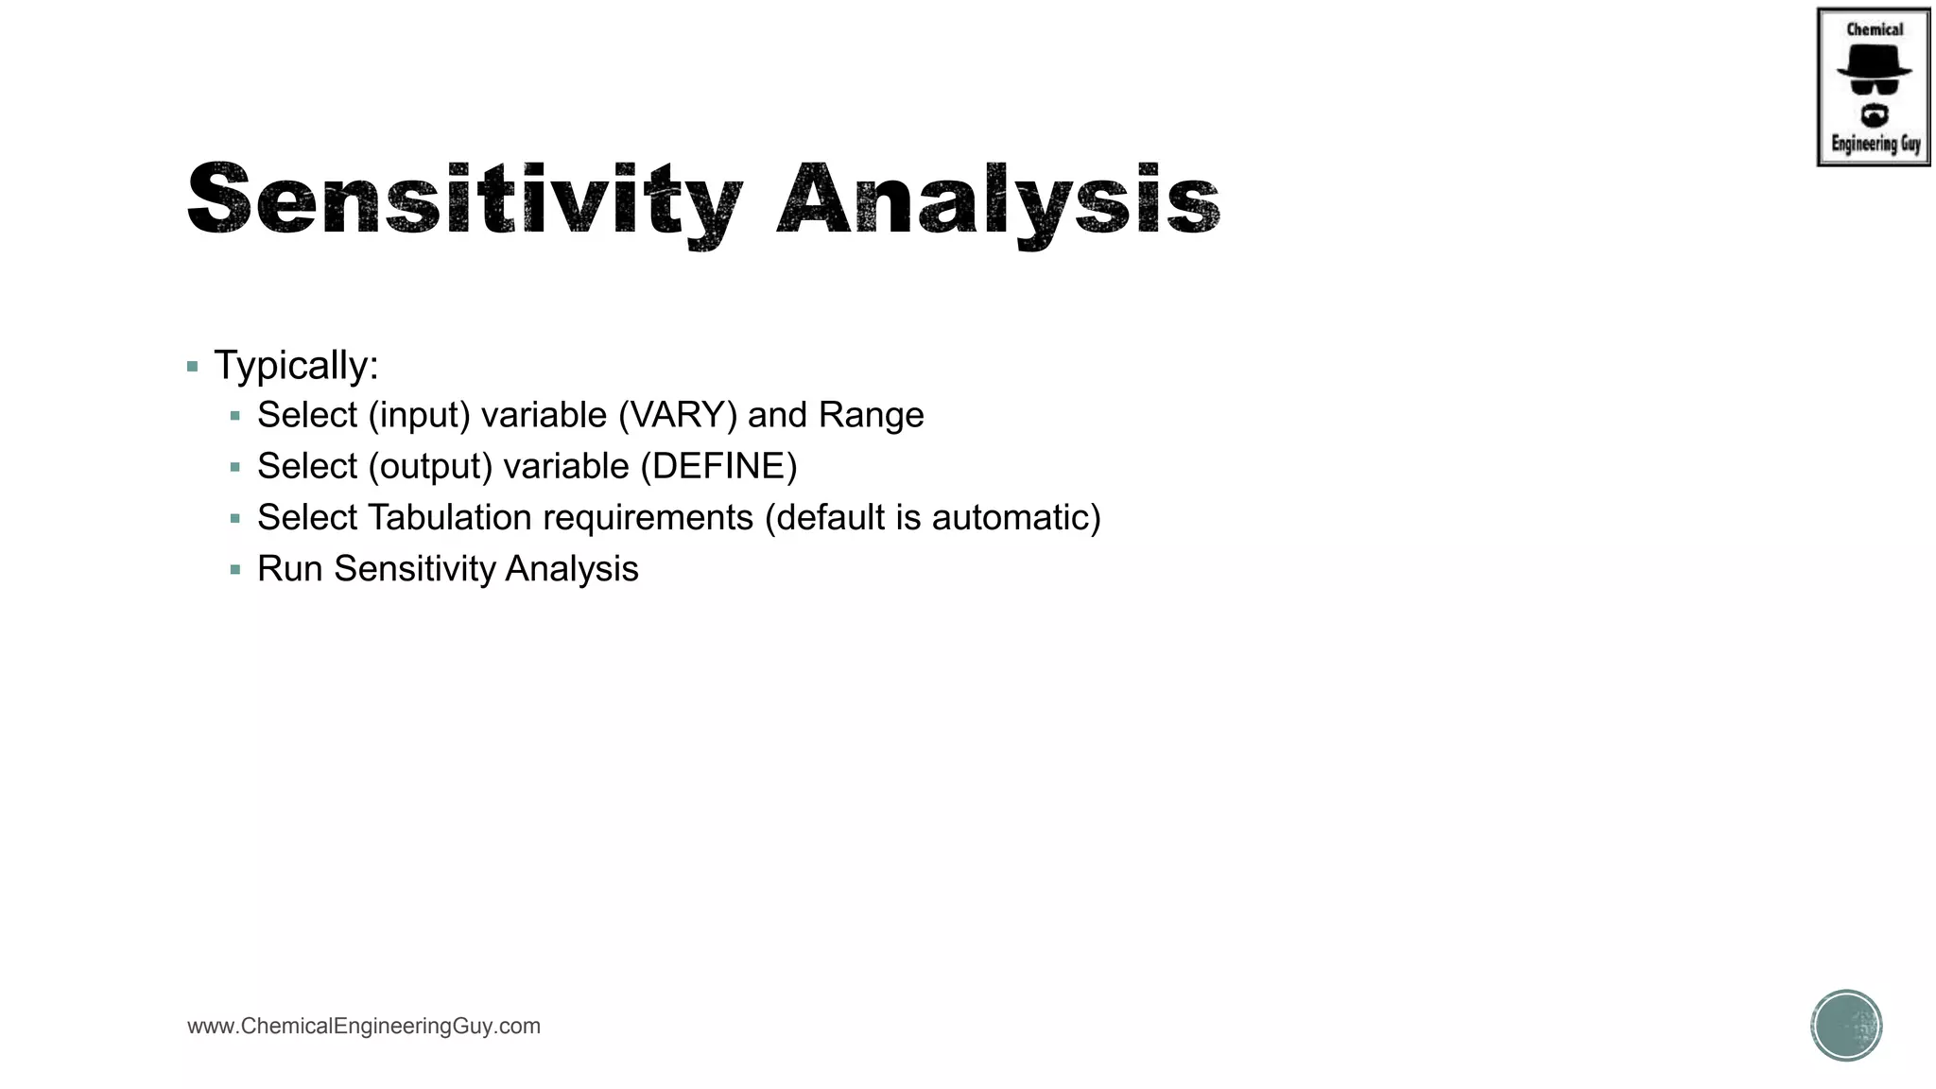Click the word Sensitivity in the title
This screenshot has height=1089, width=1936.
click(463, 200)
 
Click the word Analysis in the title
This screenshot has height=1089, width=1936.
click(998, 200)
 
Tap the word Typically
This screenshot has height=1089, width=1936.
click(295, 366)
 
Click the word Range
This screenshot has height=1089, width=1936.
click(871, 416)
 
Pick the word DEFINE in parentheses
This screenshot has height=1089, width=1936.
click(718, 467)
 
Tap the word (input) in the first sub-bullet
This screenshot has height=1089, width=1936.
click(420, 416)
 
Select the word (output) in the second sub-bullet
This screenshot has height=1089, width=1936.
click(430, 467)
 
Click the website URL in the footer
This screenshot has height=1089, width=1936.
click(364, 1026)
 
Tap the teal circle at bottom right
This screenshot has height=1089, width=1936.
click(1846, 1026)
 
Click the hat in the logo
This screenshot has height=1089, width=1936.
click(1874, 62)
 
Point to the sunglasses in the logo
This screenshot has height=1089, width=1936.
click(1874, 87)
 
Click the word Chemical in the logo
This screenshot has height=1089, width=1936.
click(1875, 29)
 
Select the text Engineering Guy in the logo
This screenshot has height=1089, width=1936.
click(1875, 145)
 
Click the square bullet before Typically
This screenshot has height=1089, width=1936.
click(193, 367)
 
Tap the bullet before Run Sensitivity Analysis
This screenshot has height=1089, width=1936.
click(235, 570)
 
